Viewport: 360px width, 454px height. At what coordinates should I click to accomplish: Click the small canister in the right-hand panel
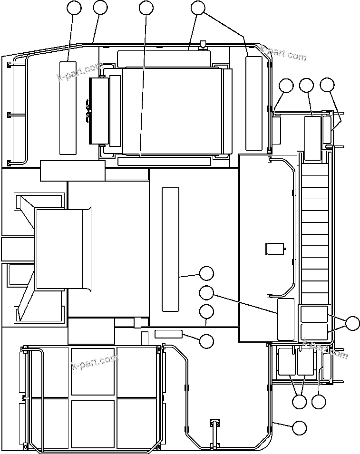(x=273, y=249)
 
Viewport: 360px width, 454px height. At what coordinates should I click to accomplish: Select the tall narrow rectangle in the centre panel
(x=170, y=249)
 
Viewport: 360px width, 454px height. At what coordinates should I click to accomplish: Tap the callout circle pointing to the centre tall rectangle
(x=206, y=273)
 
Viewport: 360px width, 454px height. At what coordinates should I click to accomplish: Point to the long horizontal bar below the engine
(x=164, y=161)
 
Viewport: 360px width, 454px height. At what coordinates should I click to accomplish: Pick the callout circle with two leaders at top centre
(x=197, y=8)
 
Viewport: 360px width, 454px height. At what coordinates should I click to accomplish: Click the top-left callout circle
(x=74, y=8)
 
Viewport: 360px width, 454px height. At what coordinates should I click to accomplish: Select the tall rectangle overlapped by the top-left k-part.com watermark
(x=68, y=107)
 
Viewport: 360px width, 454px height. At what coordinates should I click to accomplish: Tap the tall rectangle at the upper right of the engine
(x=254, y=103)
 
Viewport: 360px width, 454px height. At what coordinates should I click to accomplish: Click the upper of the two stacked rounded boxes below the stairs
(x=314, y=314)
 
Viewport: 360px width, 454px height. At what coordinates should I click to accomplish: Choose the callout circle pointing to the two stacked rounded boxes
(x=352, y=323)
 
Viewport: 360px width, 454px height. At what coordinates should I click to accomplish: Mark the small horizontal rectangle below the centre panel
(x=168, y=333)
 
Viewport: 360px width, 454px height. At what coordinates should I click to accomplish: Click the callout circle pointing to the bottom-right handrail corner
(x=299, y=428)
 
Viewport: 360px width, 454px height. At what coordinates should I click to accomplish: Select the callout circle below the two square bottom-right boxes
(x=299, y=402)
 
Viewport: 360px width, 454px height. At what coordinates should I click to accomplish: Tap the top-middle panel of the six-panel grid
(x=93, y=372)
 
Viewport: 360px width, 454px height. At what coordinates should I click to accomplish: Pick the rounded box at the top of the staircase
(x=312, y=138)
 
